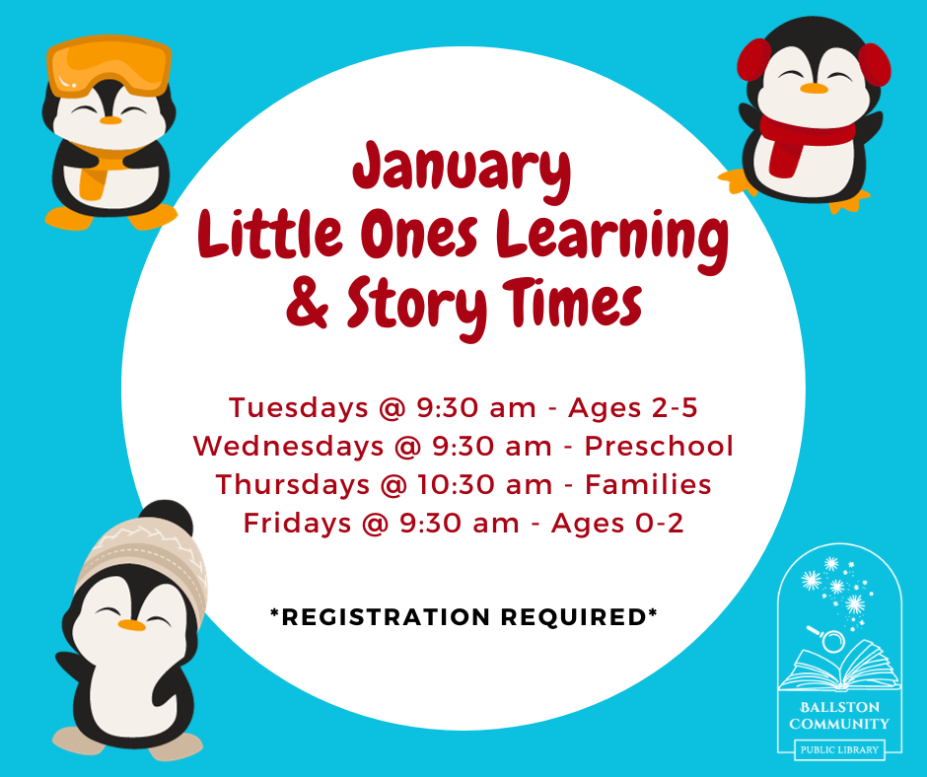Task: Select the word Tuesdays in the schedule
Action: (x=299, y=408)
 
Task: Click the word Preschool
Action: (x=659, y=446)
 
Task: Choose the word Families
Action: (x=648, y=485)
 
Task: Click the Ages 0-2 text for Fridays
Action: (x=617, y=524)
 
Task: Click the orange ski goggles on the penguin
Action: (x=108, y=65)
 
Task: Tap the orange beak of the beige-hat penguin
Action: (x=131, y=625)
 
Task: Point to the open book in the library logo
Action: (x=839, y=667)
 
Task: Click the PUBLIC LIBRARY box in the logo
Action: (x=839, y=749)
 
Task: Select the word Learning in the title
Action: (x=611, y=240)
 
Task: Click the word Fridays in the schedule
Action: (x=298, y=524)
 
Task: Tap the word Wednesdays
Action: (x=288, y=446)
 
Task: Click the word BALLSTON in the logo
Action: (x=839, y=707)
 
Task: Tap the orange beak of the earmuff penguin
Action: (x=814, y=89)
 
